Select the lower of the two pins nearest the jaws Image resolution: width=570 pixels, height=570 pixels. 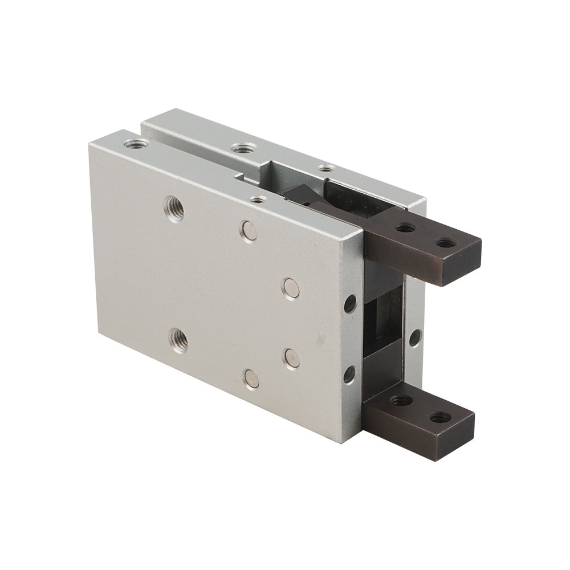(292, 357)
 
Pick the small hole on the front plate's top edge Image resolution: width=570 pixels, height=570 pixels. (259, 199)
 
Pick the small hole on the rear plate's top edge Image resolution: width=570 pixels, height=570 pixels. (325, 168)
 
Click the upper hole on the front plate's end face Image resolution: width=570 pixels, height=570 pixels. (350, 304)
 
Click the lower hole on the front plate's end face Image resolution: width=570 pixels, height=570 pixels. (349, 374)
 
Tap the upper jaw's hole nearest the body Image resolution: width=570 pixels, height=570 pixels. (406, 228)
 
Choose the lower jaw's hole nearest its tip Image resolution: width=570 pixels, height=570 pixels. (438, 418)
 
